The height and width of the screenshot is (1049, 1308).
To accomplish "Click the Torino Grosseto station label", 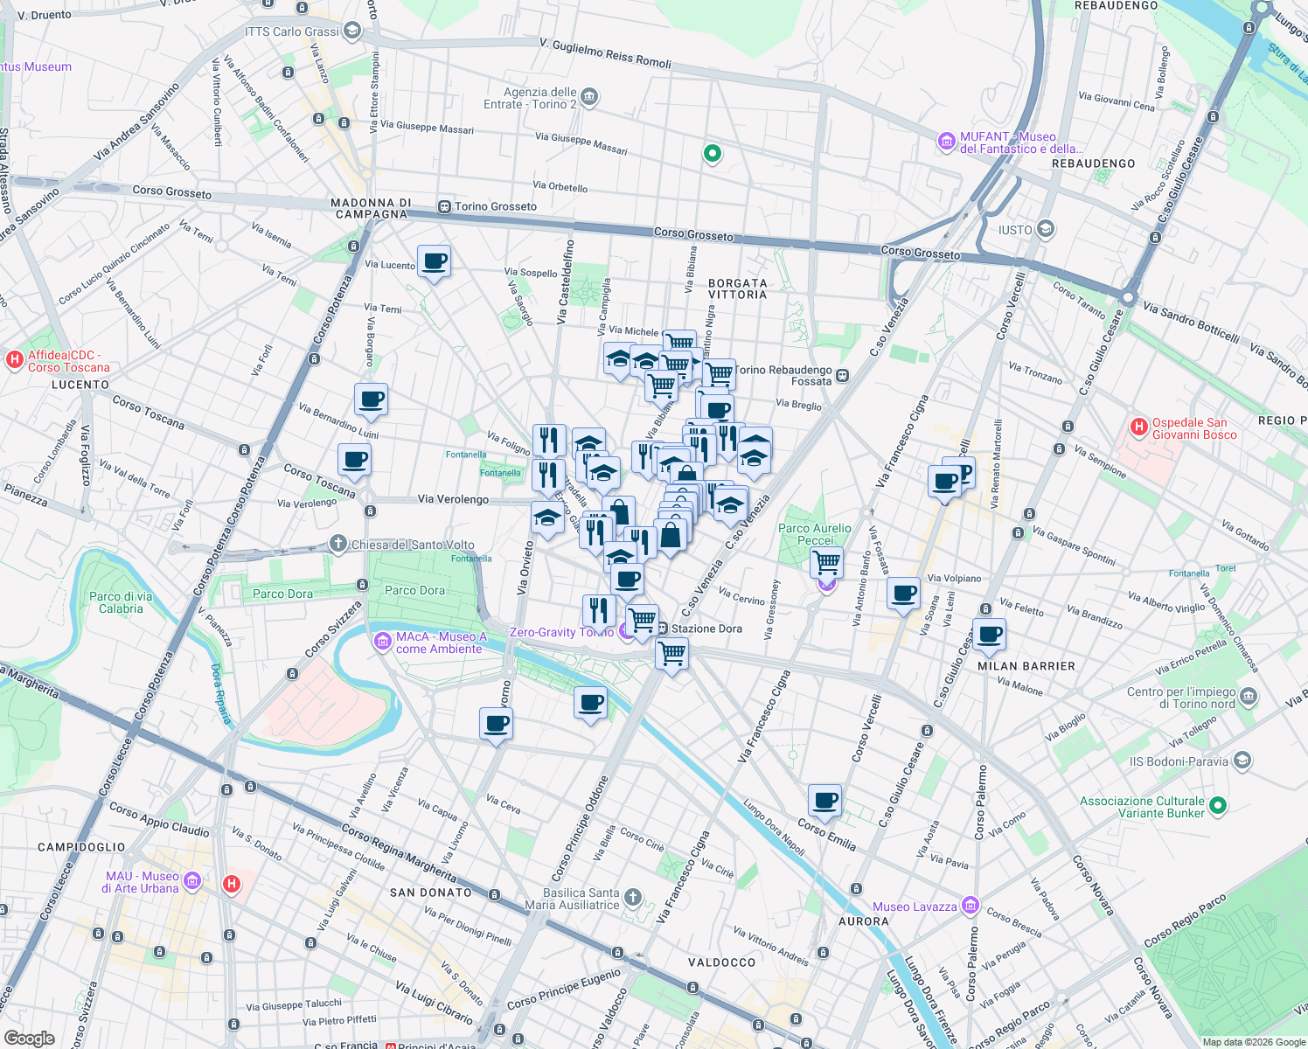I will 495,207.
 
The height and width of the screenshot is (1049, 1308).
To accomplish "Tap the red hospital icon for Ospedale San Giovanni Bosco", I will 1138,427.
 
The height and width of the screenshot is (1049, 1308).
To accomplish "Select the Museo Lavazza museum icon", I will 970,906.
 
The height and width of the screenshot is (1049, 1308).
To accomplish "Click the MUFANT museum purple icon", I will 945,142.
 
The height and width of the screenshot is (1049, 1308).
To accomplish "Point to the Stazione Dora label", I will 706,629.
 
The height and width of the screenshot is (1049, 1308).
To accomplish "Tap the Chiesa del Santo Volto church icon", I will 338,544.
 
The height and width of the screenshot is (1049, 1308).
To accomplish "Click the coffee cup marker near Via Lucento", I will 434,261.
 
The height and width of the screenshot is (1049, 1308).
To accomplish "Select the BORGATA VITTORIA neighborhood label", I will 737,288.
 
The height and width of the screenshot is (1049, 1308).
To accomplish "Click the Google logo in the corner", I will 29,1038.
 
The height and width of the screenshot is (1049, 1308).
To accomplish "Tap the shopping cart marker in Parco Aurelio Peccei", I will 826,561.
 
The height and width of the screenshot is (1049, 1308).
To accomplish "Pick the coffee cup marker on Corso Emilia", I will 824,799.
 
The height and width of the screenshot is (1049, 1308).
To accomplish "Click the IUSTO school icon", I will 1046,230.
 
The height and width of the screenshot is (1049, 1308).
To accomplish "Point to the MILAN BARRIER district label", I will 1026,666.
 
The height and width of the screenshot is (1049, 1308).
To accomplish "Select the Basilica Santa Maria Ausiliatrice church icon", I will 633,898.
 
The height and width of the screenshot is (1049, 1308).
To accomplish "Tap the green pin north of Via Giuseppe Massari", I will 713,154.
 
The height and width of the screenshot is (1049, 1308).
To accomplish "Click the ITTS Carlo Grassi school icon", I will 352,31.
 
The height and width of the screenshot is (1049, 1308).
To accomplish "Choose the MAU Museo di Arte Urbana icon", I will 192,881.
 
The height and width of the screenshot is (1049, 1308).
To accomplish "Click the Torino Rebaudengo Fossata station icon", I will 842,376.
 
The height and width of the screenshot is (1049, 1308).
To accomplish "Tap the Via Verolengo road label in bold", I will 453,499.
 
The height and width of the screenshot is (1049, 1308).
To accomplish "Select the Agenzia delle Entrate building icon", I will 589,96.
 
